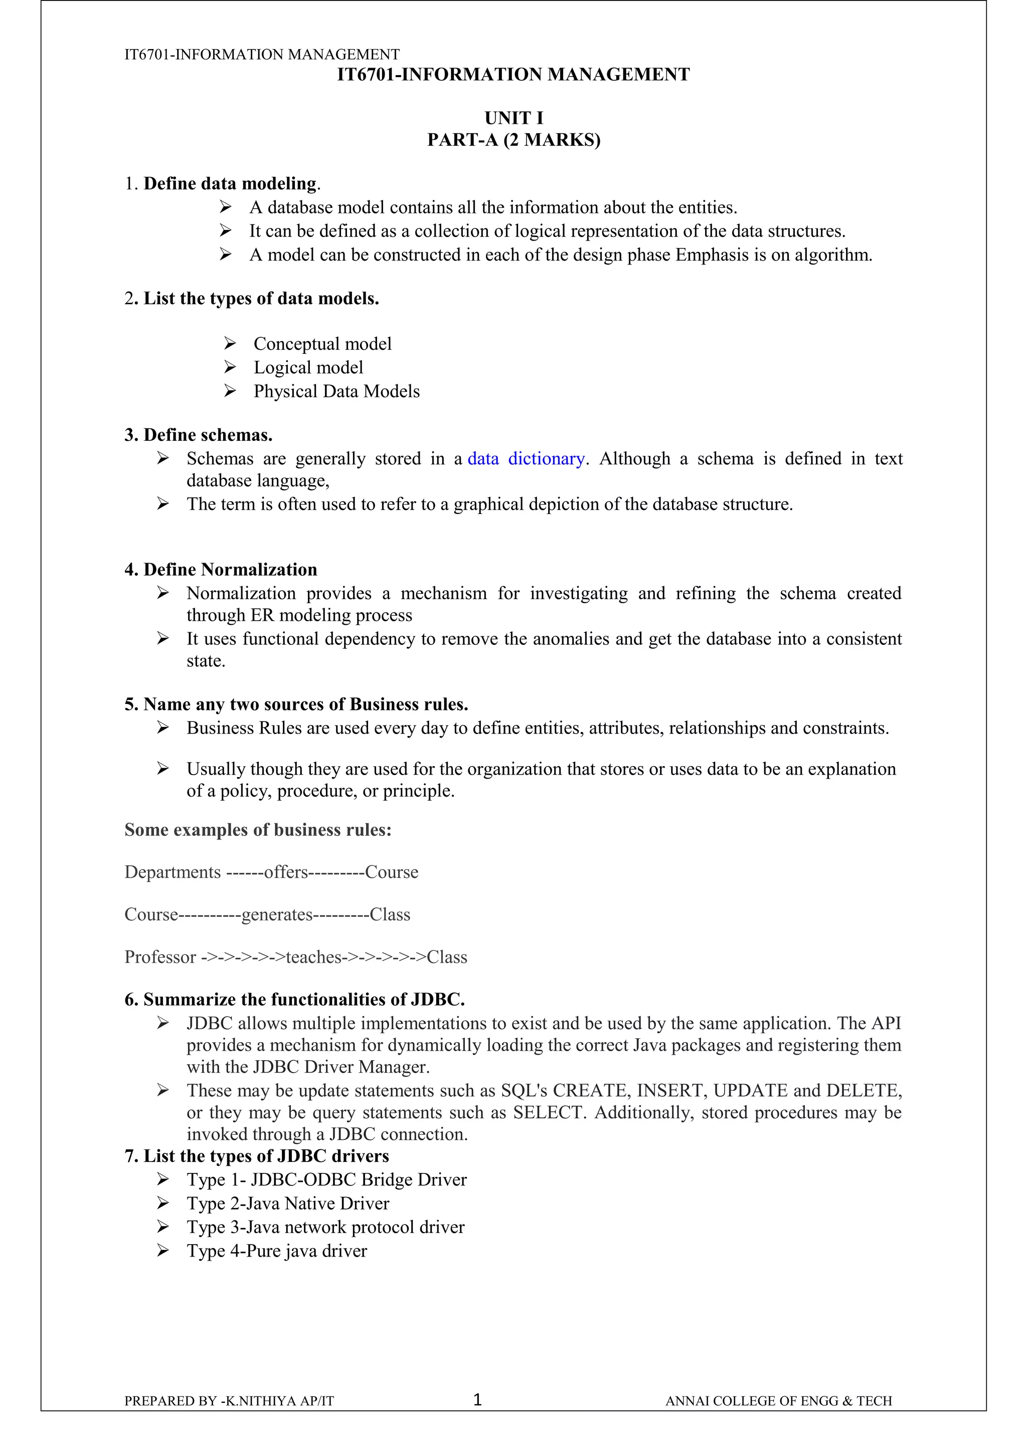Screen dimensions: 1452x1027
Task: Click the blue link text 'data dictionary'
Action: pyautogui.click(x=526, y=458)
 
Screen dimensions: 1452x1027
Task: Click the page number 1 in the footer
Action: pyautogui.click(x=478, y=1417)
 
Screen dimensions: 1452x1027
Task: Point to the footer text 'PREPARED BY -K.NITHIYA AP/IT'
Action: pyautogui.click(x=229, y=1418)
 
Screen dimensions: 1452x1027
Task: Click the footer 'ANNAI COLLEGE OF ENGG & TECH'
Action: pyautogui.click(x=778, y=1418)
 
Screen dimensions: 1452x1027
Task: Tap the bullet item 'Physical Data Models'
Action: pyautogui.click(x=336, y=391)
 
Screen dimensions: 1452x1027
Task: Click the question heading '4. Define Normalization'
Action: pyautogui.click(x=220, y=569)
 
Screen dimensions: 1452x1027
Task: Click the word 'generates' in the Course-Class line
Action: pyautogui.click(x=277, y=914)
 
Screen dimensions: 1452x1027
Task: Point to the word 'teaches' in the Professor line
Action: pyautogui.click(x=313, y=957)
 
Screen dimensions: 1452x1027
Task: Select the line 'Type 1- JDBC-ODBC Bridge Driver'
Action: pyautogui.click(x=326, y=1179)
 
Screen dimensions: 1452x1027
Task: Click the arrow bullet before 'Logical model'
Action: pyautogui.click(x=230, y=367)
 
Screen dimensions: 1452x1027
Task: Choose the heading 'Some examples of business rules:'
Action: pyautogui.click(x=258, y=830)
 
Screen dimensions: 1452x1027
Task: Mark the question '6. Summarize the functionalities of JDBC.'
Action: pyautogui.click(x=294, y=999)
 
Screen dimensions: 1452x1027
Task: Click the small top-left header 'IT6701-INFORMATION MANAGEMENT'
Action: pyautogui.click(x=261, y=55)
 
